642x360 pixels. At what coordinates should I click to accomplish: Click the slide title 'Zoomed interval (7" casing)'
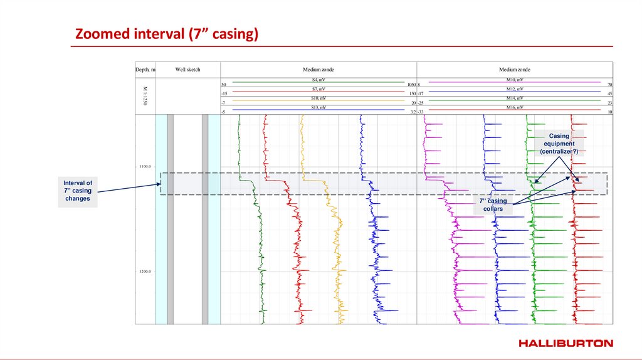click(x=166, y=34)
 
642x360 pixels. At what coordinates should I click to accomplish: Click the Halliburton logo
click(x=566, y=343)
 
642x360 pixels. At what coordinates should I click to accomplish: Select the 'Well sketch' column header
click(x=187, y=70)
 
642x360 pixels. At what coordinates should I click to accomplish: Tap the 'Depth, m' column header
click(x=145, y=70)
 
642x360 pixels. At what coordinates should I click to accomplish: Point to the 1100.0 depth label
click(x=145, y=166)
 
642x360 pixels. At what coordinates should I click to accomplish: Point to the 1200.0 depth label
click(x=145, y=272)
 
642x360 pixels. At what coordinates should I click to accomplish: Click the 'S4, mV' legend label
click(x=318, y=80)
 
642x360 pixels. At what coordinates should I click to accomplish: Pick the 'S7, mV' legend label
click(x=318, y=90)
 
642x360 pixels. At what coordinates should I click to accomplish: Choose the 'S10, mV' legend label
click(x=318, y=98)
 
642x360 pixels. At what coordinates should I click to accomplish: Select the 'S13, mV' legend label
click(x=318, y=108)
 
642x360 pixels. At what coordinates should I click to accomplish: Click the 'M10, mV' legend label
click(x=514, y=80)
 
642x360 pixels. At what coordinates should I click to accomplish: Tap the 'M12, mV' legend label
click(x=514, y=90)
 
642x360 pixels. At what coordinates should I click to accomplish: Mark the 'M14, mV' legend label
click(x=514, y=98)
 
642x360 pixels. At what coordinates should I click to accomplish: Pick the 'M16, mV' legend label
click(x=514, y=108)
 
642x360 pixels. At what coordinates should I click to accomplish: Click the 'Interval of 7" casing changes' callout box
click(x=78, y=191)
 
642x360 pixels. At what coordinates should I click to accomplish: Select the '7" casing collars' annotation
click(x=493, y=205)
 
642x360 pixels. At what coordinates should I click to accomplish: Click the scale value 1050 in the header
click(x=411, y=85)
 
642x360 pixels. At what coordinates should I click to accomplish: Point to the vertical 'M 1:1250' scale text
click(x=145, y=96)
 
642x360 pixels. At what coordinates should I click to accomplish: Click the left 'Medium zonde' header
click(x=318, y=70)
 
